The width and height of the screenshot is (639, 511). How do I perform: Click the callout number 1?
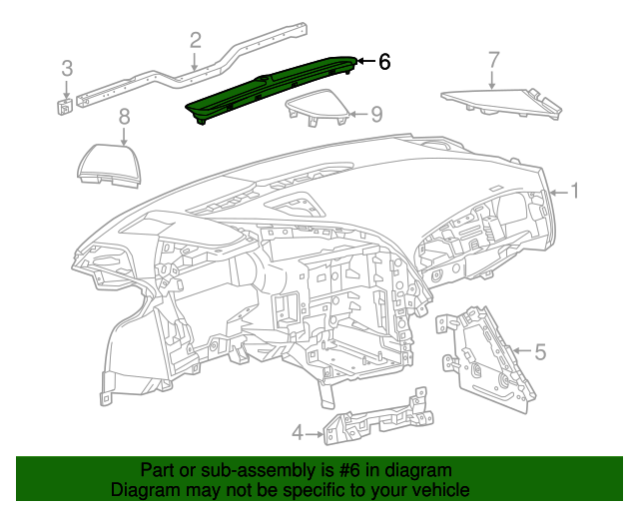point(575,190)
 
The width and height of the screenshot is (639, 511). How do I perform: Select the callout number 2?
point(195,40)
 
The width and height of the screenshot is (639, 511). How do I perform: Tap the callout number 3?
point(67,69)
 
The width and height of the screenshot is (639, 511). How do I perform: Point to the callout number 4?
point(297,432)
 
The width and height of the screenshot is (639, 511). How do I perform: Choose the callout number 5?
point(540,351)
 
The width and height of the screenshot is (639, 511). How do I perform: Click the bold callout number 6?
point(384,62)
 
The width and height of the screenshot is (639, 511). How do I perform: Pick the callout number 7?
point(492,60)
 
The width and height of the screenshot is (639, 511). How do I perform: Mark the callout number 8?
point(124,118)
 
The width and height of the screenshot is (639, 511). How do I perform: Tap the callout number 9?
point(376,114)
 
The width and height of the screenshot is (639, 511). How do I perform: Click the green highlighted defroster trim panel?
point(270,90)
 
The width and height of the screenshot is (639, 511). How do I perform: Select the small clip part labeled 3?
point(63,105)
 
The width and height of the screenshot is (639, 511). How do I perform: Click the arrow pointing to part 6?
point(364,62)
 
